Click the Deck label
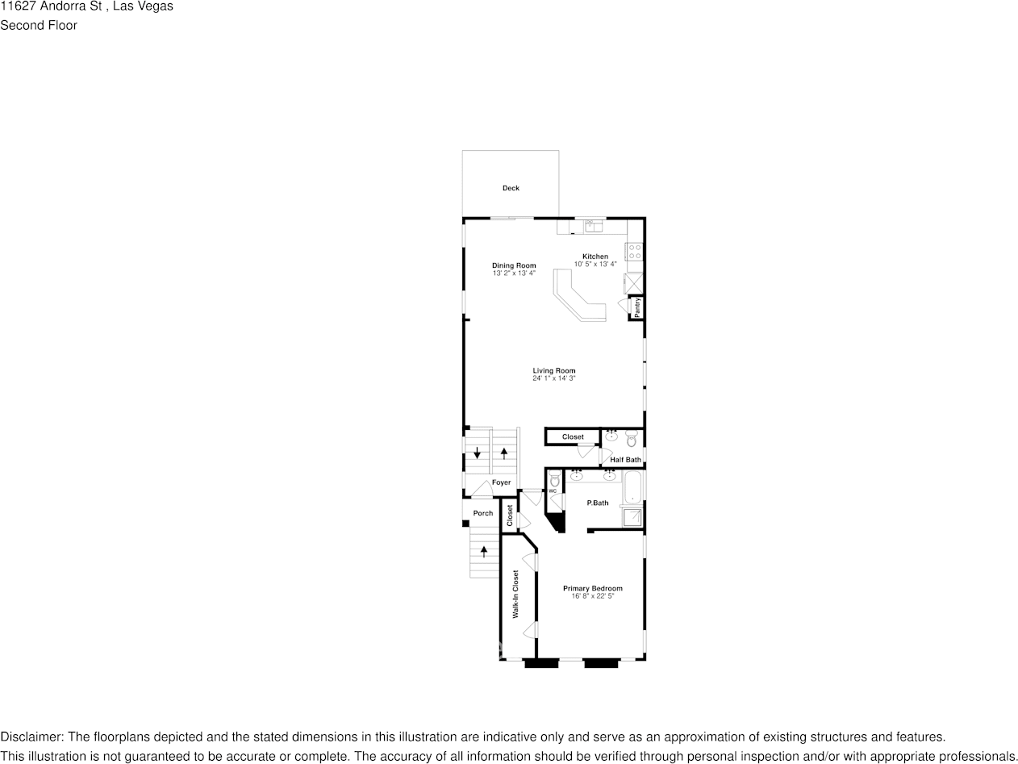pyautogui.click(x=511, y=188)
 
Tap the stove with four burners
pyautogui.click(x=635, y=251)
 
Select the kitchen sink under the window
pyautogui.click(x=595, y=226)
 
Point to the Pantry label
pyautogui.click(x=637, y=307)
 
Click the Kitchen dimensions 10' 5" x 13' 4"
pyautogui.click(x=595, y=264)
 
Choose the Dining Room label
pyautogui.click(x=514, y=265)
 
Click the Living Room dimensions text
pyautogui.click(x=553, y=378)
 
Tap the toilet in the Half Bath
pyautogui.click(x=632, y=440)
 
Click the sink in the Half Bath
pyautogui.click(x=611, y=436)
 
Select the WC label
pyautogui.click(x=553, y=491)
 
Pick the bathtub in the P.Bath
pyautogui.click(x=633, y=487)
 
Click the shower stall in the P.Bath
pyautogui.click(x=633, y=517)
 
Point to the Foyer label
pyautogui.click(x=502, y=482)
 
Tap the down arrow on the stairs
pyautogui.click(x=478, y=453)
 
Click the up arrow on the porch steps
pyautogui.click(x=484, y=552)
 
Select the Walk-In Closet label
pyautogui.click(x=515, y=595)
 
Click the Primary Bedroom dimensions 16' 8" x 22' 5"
pyautogui.click(x=593, y=596)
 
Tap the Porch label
pyautogui.click(x=482, y=513)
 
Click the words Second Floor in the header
pyautogui.click(x=39, y=25)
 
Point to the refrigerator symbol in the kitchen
pyautogui.click(x=634, y=283)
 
